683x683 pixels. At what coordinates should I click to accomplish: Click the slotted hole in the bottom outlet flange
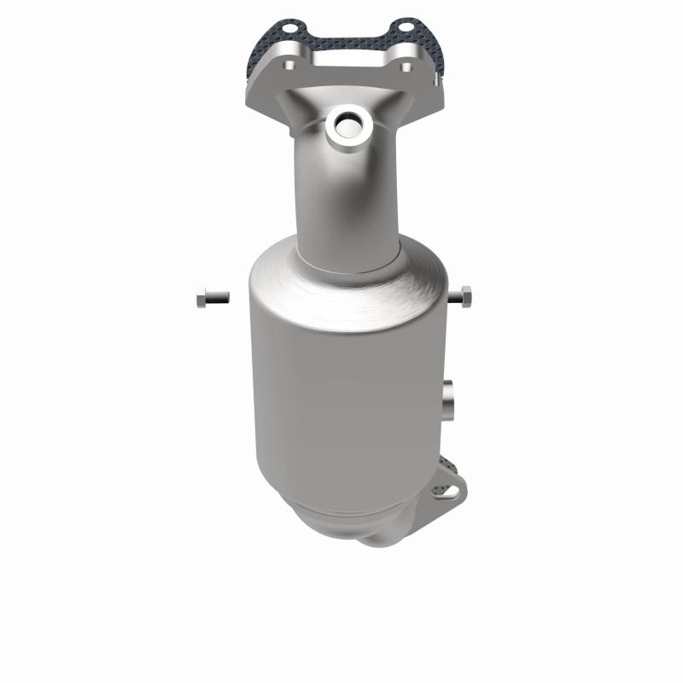point(444,491)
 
